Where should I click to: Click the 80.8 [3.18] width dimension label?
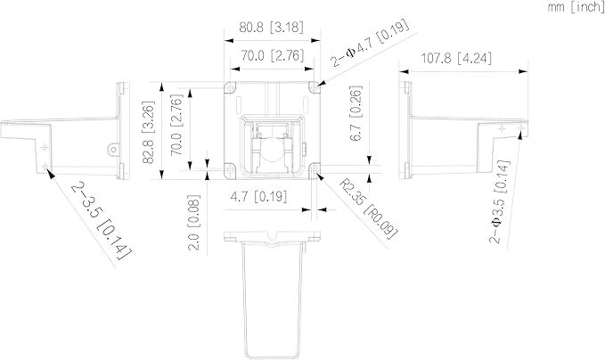tap(271, 28)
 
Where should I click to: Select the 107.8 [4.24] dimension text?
tap(456, 59)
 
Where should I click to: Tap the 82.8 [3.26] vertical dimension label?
tap(149, 132)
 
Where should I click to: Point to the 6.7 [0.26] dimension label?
tap(356, 113)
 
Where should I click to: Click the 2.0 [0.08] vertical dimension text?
tap(194, 223)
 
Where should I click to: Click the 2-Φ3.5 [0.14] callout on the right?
tap(500, 201)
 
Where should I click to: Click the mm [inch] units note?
tap(576, 7)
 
